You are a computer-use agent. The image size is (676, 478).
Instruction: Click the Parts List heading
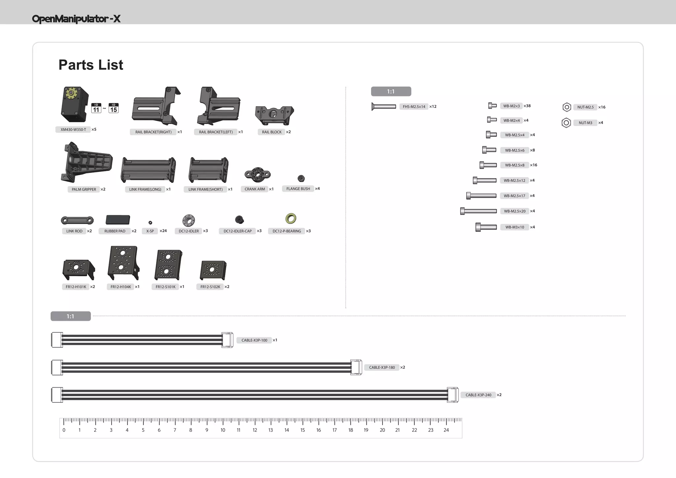point(91,65)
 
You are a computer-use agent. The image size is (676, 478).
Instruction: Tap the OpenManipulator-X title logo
point(76,19)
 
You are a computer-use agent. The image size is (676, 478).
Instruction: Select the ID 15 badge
point(114,108)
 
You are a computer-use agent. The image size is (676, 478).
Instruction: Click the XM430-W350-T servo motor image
point(75,104)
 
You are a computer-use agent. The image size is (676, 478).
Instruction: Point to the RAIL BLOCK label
point(272,132)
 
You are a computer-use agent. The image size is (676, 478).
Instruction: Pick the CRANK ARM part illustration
point(257,174)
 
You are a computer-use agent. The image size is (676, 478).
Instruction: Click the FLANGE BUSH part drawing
point(301,178)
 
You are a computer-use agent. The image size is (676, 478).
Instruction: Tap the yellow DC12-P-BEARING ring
point(291,218)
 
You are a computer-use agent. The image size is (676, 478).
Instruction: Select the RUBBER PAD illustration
point(118,220)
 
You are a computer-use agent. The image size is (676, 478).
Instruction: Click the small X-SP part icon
point(150,222)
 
